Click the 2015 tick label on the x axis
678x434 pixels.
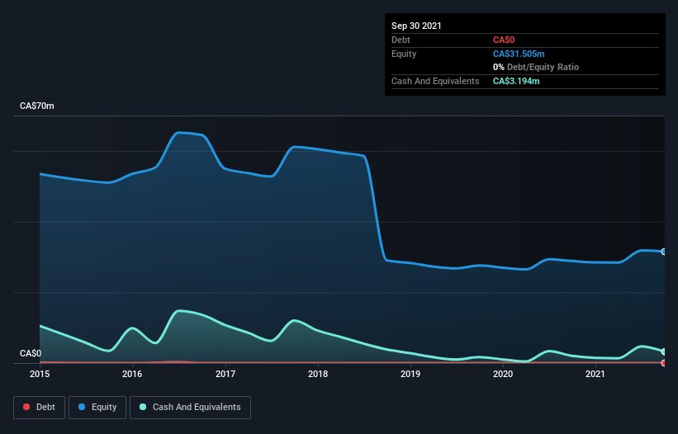(40, 375)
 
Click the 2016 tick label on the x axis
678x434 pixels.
(132, 375)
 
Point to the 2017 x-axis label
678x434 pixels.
(225, 375)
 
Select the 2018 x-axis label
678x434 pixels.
(318, 375)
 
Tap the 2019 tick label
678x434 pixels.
(410, 375)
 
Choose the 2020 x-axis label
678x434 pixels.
(503, 375)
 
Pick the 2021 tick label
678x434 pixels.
(595, 375)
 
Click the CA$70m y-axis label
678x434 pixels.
(36, 106)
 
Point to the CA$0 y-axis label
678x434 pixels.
(31, 354)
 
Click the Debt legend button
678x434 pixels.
(38, 407)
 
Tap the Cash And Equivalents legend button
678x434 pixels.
(190, 407)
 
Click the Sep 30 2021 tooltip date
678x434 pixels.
(416, 26)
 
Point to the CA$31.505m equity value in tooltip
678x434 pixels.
(519, 54)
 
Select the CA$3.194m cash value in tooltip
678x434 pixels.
(516, 81)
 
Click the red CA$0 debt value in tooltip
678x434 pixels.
(505, 40)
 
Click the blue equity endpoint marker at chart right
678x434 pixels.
(664, 252)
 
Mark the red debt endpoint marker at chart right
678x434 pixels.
(664, 363)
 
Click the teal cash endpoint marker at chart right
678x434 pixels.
(664, 351)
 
